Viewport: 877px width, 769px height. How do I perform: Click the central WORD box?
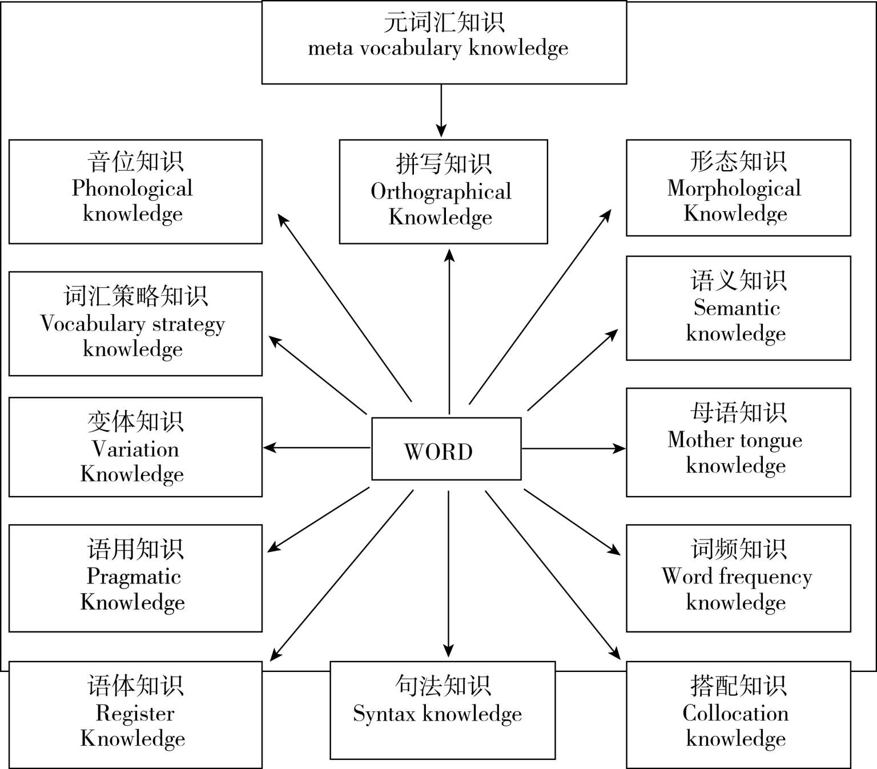click(446, 449)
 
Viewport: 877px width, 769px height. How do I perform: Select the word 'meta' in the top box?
click(330, 49)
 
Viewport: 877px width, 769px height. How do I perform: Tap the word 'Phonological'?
click(132, 188)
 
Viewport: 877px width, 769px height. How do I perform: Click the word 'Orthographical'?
click(441, 192)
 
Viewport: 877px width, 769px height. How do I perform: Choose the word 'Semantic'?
click(737, 308)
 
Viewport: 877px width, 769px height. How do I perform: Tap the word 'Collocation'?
click(735, 713)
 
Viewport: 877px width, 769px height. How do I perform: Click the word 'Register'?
click(135, 713)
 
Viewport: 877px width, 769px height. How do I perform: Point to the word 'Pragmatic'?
click(134, 577)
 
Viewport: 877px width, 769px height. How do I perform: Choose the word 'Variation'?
click(135, 449)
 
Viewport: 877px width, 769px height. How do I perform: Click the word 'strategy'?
click(188, 324)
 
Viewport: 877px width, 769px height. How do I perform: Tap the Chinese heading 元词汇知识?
click(444, 23)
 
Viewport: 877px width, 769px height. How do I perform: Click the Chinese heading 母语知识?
click(738, 413)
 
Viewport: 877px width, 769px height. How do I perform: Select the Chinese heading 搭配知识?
click(738, 686)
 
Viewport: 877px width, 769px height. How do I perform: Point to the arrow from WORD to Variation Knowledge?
click(317, 448)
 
